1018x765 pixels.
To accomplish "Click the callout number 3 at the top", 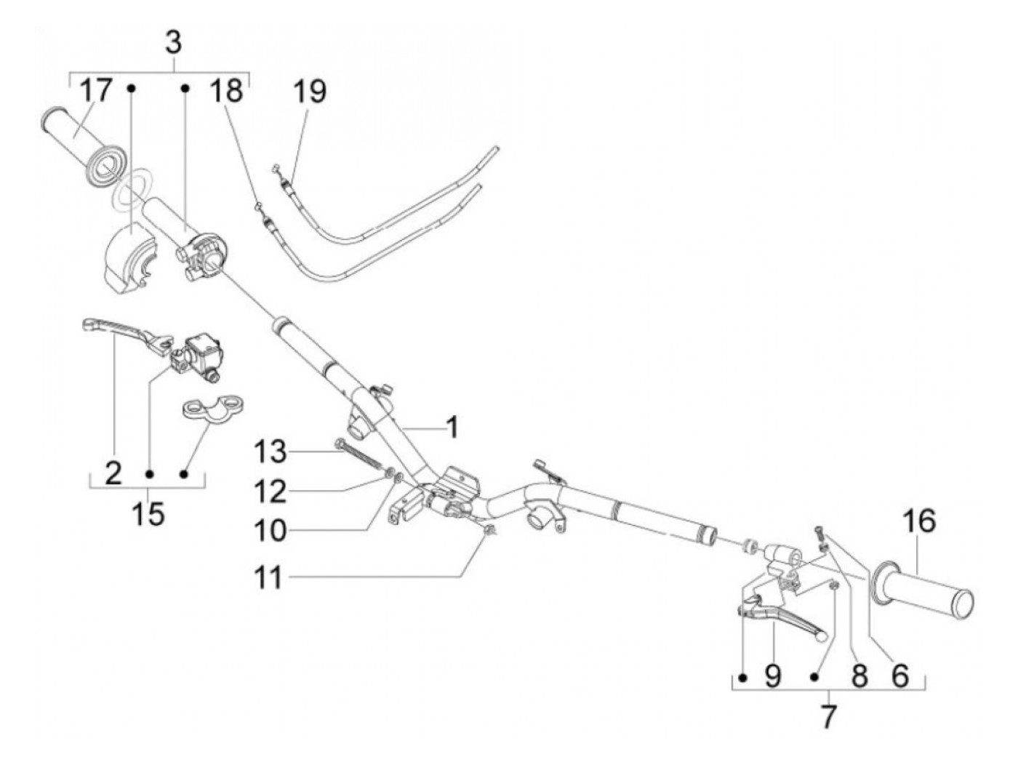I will tap(173, 42).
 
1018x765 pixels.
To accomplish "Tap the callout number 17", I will tap(96, 92).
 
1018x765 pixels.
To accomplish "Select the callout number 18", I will tap(226, 92).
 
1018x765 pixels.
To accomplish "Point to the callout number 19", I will tap(310, 92).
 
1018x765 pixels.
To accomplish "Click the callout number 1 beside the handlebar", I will tap(452, 428).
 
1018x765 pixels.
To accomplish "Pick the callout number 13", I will tap(270, 452).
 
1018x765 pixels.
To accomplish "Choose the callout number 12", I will tap(270, 492).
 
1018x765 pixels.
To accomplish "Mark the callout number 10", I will tap(270, 531).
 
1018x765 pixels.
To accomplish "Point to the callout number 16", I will tap(920, 522).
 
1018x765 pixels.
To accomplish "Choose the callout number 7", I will tap(828, 718).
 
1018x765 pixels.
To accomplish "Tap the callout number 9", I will tap(773, 676).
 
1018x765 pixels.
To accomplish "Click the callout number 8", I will tap(859, 676).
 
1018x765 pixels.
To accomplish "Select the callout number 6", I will tap(900, 676).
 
